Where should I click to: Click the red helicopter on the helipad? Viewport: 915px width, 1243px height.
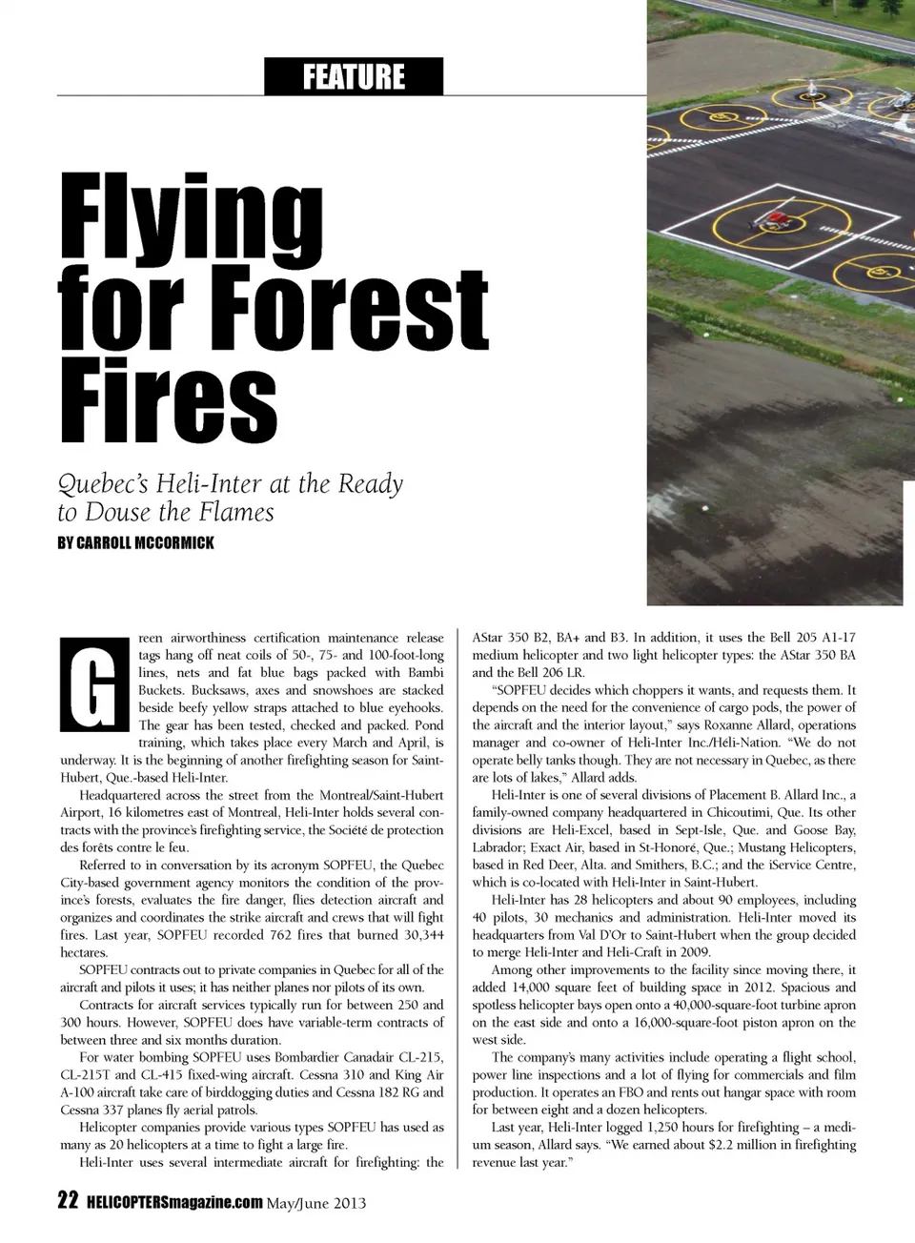tap(773, 221)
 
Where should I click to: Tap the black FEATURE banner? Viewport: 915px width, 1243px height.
tap(354, 76)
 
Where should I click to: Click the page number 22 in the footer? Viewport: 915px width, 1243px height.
tap(67, 1201)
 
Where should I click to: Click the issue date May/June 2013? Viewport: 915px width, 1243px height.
tap(316, 1202)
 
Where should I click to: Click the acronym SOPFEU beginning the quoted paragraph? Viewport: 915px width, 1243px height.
tap(520, 690)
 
